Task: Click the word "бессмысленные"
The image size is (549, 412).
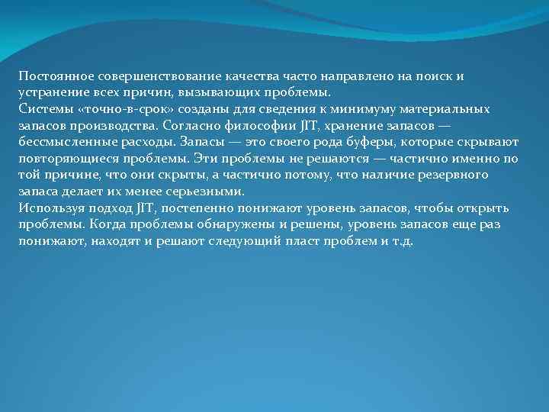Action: click(63, 143)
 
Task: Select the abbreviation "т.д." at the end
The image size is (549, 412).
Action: click(400, 241)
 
